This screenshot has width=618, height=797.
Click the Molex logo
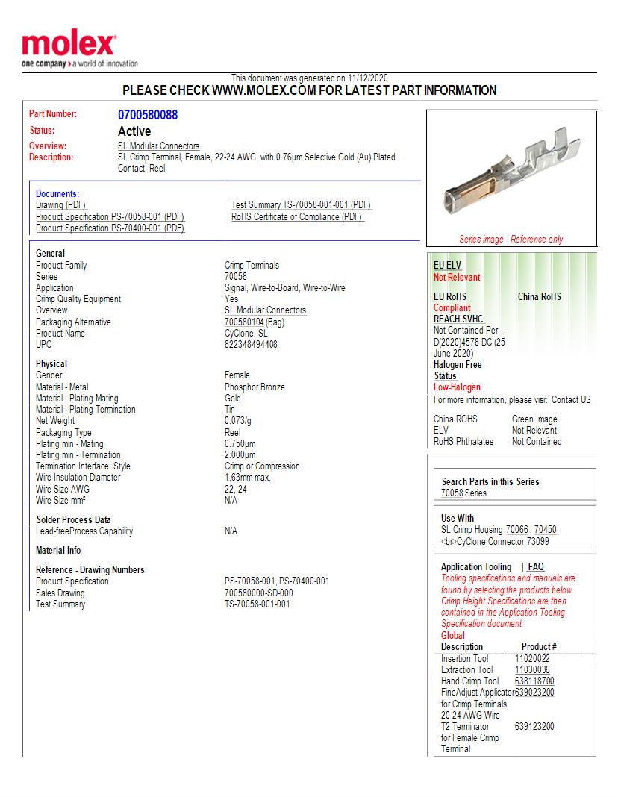pos(69,46)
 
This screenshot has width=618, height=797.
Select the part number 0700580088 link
pos(148,115)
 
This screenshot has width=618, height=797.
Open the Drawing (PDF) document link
pos(61,205)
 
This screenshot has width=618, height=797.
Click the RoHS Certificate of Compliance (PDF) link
pos(297,217)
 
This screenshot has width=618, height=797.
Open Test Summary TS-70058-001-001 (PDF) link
pos(302,205)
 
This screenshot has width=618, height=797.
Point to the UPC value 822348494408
pos(251,345)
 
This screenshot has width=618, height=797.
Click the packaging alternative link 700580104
pos(245,322)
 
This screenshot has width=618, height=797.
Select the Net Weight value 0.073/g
pos(237,421)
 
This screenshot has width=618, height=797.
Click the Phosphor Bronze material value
pos(255,387)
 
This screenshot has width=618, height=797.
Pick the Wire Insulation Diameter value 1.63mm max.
pos(247,478)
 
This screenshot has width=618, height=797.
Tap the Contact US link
pos(571,400)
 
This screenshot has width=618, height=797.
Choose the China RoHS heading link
pos(540,297)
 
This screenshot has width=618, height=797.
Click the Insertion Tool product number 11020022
pos(532,659)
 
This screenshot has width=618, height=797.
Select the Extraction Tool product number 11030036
pos(532,670)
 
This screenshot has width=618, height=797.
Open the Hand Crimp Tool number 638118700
pos(534,681)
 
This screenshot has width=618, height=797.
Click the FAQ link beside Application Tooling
pos(536,567)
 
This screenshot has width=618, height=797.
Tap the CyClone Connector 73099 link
pos(537,542)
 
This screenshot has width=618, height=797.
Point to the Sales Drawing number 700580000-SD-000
pos(258,593)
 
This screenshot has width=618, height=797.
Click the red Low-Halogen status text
pos(457,387)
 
